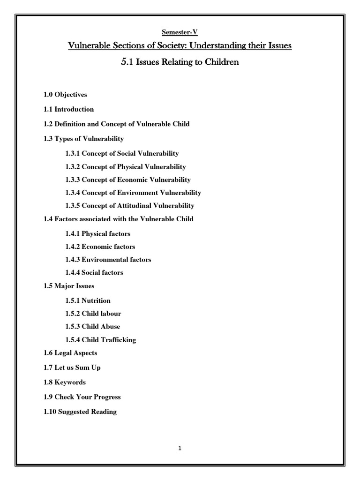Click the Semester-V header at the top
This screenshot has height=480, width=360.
[x=180, y=32]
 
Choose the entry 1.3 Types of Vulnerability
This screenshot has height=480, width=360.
[x=83, y=138]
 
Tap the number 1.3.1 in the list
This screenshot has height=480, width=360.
[x=73, y=153]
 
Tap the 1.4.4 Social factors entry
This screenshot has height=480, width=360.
[x=97, y=272]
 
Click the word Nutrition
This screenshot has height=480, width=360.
[x=96, y=300]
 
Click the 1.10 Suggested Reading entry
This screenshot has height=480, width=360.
[x=80, y=412]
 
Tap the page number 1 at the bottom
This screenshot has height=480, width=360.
[x=180, y=448]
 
